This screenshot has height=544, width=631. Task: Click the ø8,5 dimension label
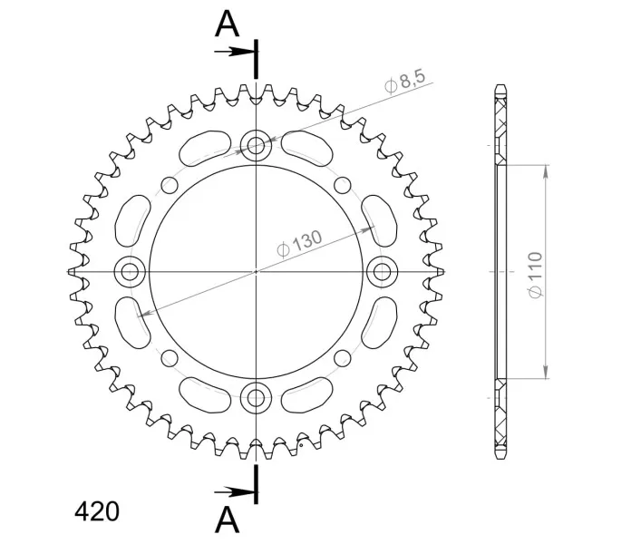click(405, 82)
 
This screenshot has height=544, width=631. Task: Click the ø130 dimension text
click(300, 243)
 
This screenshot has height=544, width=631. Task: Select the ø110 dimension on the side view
click(536, 276)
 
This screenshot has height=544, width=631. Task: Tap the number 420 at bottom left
click(97, 511)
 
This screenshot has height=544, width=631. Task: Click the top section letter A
click(228, 24)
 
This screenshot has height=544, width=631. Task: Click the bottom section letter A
click(228, 520)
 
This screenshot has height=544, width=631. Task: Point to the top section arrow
click(235, 52)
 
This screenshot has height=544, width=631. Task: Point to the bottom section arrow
click(235, 491)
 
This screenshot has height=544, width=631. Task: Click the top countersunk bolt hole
click(256, 145)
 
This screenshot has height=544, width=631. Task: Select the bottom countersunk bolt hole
click(256, 398)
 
